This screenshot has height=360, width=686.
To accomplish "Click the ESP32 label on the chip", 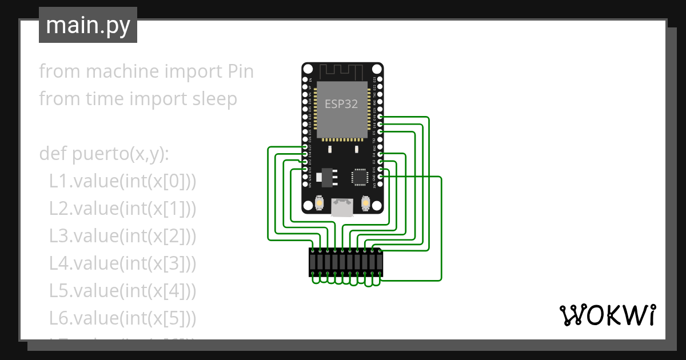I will tap(342, 104).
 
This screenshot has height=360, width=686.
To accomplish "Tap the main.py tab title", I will tap(87, 26).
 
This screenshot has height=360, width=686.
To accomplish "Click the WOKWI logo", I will tap(607, 315).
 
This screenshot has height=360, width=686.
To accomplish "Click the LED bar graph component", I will tap(346, 262).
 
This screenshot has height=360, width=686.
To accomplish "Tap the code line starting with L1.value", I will tap(122, 182).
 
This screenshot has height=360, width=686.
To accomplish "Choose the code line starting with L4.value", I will tap(122, 263).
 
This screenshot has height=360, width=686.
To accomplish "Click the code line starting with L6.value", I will tap(122, 318).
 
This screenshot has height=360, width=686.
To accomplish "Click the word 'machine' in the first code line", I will tap(121, 71).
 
